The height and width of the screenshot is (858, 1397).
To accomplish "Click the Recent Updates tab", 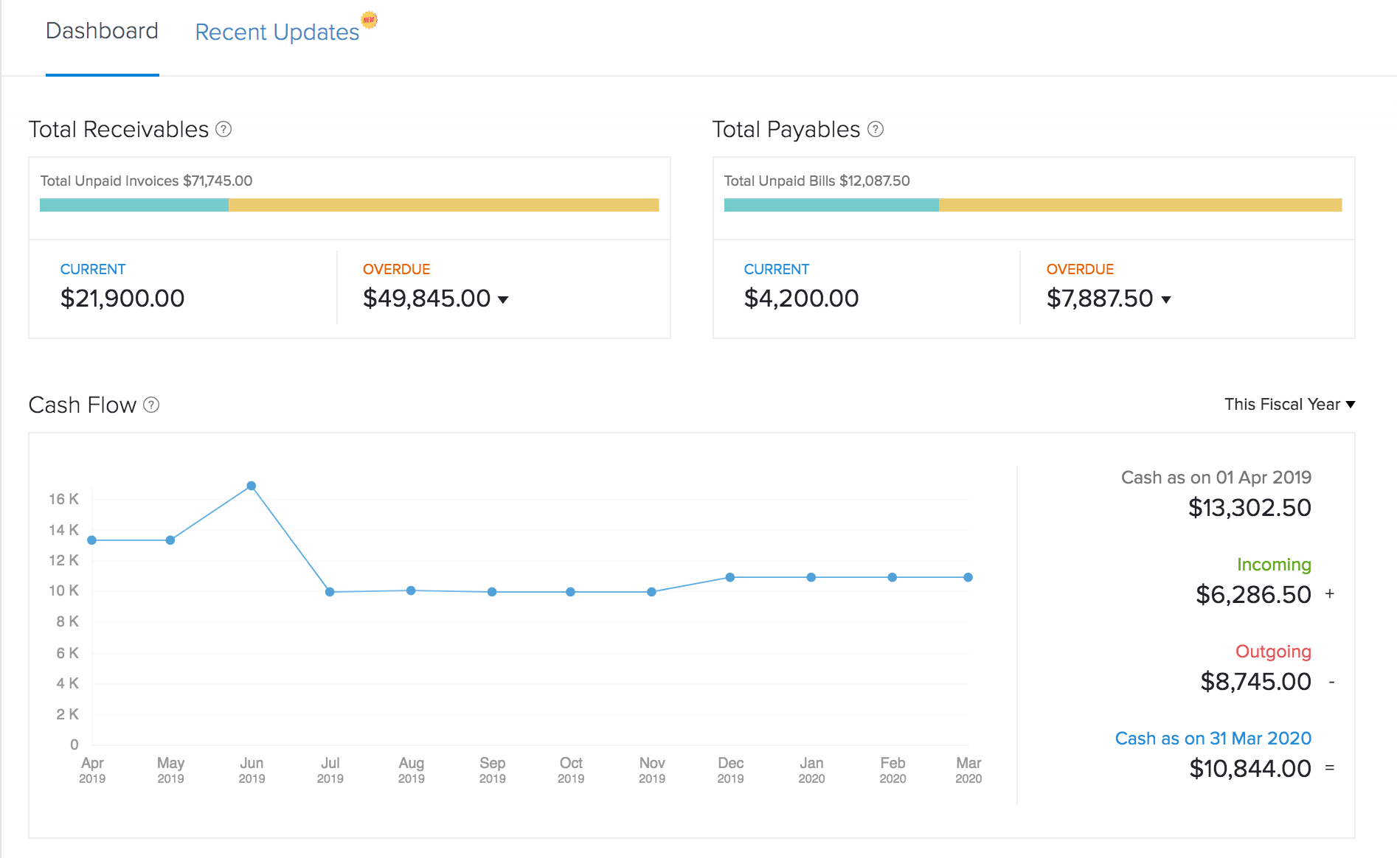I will [277, 32].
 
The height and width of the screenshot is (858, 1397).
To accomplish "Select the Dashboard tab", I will [102, 31].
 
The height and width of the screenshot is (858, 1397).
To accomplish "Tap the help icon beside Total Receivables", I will [223, 130].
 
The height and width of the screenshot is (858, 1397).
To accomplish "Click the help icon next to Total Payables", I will [875, 130].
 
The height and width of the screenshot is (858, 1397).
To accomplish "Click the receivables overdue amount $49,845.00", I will [426, 299].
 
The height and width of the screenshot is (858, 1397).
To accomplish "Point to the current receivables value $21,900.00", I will [122, 299].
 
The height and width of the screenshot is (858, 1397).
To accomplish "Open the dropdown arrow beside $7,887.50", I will [1166, 299].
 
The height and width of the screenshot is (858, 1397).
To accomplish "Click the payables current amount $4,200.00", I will [801, 299].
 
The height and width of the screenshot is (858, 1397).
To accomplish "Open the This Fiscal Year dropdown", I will [1289, 404].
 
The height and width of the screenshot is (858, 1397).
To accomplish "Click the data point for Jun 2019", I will [252, 486].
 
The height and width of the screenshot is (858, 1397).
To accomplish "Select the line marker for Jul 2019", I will [330, 592].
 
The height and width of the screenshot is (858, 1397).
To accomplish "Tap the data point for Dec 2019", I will [729, 577].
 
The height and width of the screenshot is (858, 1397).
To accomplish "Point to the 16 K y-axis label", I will [64, 499].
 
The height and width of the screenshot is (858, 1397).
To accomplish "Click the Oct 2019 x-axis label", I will [571, 770].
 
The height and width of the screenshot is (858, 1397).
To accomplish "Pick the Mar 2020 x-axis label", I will [968, 770].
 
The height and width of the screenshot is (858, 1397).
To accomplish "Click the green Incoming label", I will [1274, 565].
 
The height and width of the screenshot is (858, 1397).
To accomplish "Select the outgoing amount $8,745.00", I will [1255, 681].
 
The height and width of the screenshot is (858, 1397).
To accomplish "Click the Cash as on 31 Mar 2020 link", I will [1213, 739].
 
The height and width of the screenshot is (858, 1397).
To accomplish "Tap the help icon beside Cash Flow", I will [151, 405].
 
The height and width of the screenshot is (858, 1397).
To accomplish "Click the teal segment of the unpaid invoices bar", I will [134, 205].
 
